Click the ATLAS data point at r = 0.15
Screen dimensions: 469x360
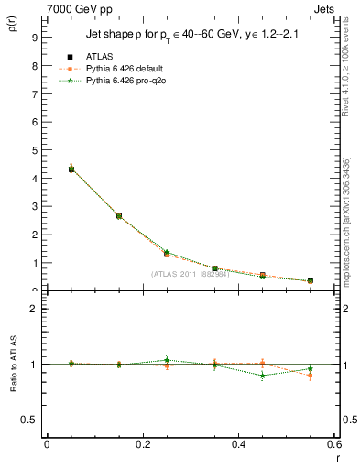[x=118, y=216]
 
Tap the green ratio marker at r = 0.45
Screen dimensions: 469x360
[x=262, y=376]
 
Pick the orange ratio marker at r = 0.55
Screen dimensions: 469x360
[x=311, y=376]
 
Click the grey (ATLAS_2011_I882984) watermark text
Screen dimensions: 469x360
[x=190, y=273]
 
